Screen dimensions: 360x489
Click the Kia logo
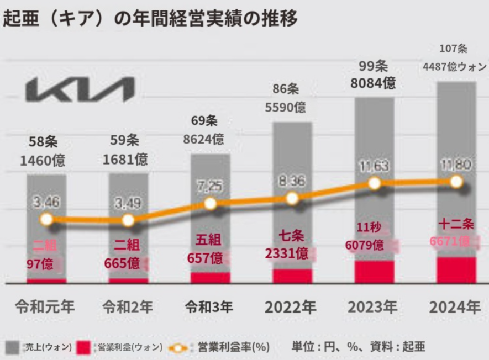tap(81, 89)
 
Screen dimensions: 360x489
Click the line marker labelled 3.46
tap(46, 219)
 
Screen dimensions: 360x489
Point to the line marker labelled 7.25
tap(210, 203)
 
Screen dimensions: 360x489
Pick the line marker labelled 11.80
tap(456, 181)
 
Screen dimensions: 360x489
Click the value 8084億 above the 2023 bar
tap(374, 84)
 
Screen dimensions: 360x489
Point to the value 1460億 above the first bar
tap(43, 161)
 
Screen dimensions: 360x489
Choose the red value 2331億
tap(287, 254)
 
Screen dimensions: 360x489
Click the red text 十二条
tap(456, 224)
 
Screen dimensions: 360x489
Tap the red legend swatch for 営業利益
tap(83, 347)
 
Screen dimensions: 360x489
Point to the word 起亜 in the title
tap(20, 18)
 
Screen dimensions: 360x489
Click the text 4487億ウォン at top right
tap(455, 67)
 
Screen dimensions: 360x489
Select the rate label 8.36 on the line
tap(291, 181)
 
